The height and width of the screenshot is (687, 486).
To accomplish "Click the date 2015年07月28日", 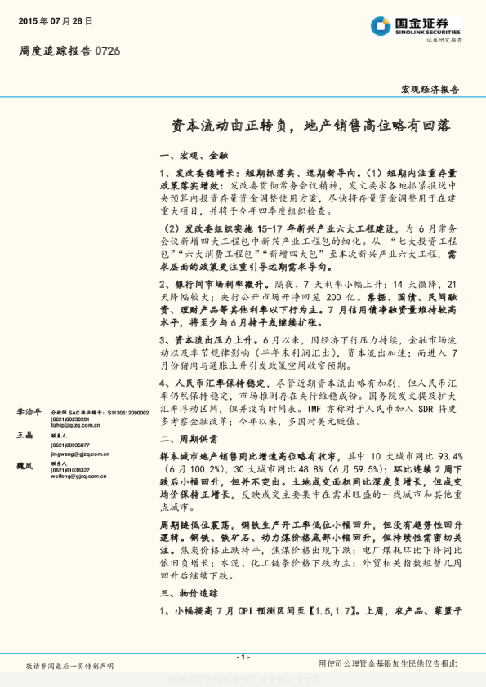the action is (56, 20).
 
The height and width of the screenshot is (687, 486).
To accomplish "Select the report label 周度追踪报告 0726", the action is (69, 51).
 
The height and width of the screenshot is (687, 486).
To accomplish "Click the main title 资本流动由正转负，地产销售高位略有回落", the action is (310, 126).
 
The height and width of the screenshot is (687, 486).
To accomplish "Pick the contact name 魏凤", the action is (24, 465).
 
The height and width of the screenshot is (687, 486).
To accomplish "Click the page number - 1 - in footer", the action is (242, 657).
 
